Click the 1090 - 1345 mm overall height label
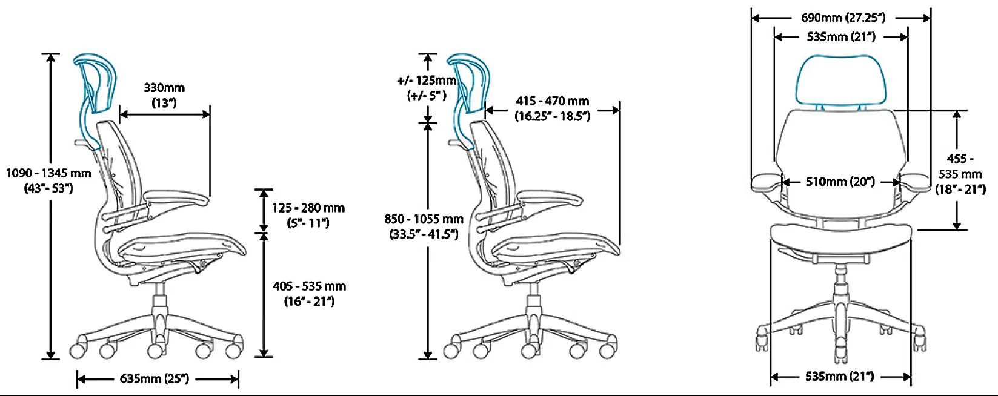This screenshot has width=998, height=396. tap(48, 180)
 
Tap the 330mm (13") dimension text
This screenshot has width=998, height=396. tap(164, 95)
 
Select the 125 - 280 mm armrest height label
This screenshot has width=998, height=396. tap(308, 215)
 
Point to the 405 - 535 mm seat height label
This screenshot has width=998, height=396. tap(309, 293)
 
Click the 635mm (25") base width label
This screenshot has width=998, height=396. tap(155, 379)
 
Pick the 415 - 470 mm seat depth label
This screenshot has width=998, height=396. tap(552, 108)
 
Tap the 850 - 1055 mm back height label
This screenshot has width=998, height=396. tap(424, 226)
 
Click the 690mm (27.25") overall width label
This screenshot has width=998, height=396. tap(842, 18)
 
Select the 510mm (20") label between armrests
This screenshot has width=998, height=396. tap(840, 182)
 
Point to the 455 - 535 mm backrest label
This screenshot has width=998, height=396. tap(960, 174)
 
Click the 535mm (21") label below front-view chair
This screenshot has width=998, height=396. tap(839, 377)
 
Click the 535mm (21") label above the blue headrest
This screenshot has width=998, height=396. tap(840, 37)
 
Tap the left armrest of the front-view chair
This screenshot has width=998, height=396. tap(767, 182)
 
